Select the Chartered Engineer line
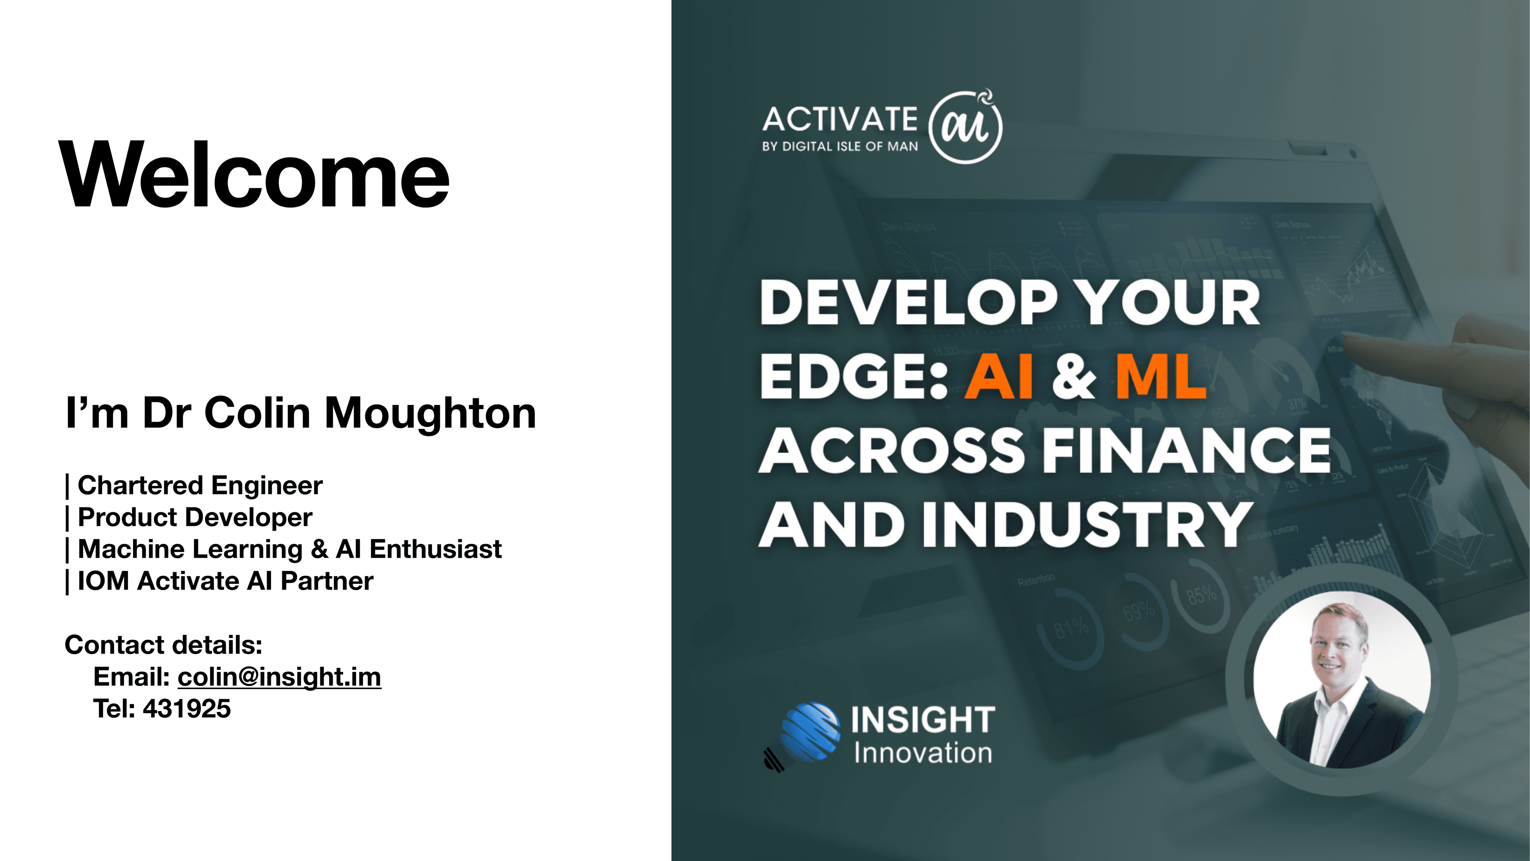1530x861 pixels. (x=200, y=486)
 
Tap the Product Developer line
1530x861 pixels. (x=195, y=517)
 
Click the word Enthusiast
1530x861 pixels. (x=435, y=549)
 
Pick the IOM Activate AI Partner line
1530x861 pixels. (x=225, y=581)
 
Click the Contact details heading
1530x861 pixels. (x=163, y=645)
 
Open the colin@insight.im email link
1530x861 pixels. (x=279, y=677)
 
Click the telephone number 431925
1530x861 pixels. (x=186, y=709)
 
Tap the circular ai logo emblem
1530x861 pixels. (x=965, y=127)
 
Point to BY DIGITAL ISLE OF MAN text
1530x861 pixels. (x=840, y=147)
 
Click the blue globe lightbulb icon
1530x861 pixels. (x=809, y=733)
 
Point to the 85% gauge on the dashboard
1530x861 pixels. (x=1200, y=594)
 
